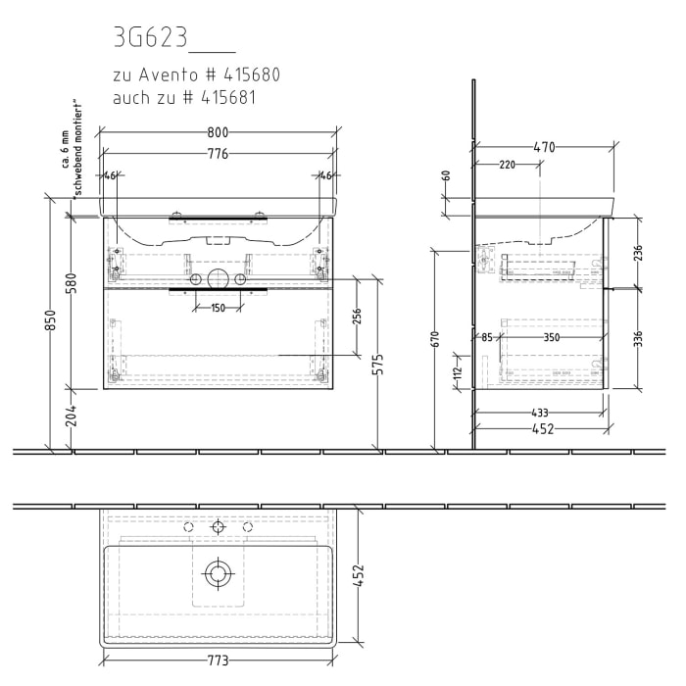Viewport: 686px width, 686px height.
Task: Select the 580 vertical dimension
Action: click(72, 285)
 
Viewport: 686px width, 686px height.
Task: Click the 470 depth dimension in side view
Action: click(545, 148)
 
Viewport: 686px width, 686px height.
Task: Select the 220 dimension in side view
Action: click(507, 165)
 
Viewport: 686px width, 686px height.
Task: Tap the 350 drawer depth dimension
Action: click(552, 338)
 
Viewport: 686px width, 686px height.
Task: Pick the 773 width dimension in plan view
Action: click(217, 661)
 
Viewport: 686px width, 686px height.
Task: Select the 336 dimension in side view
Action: click(638, 339)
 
